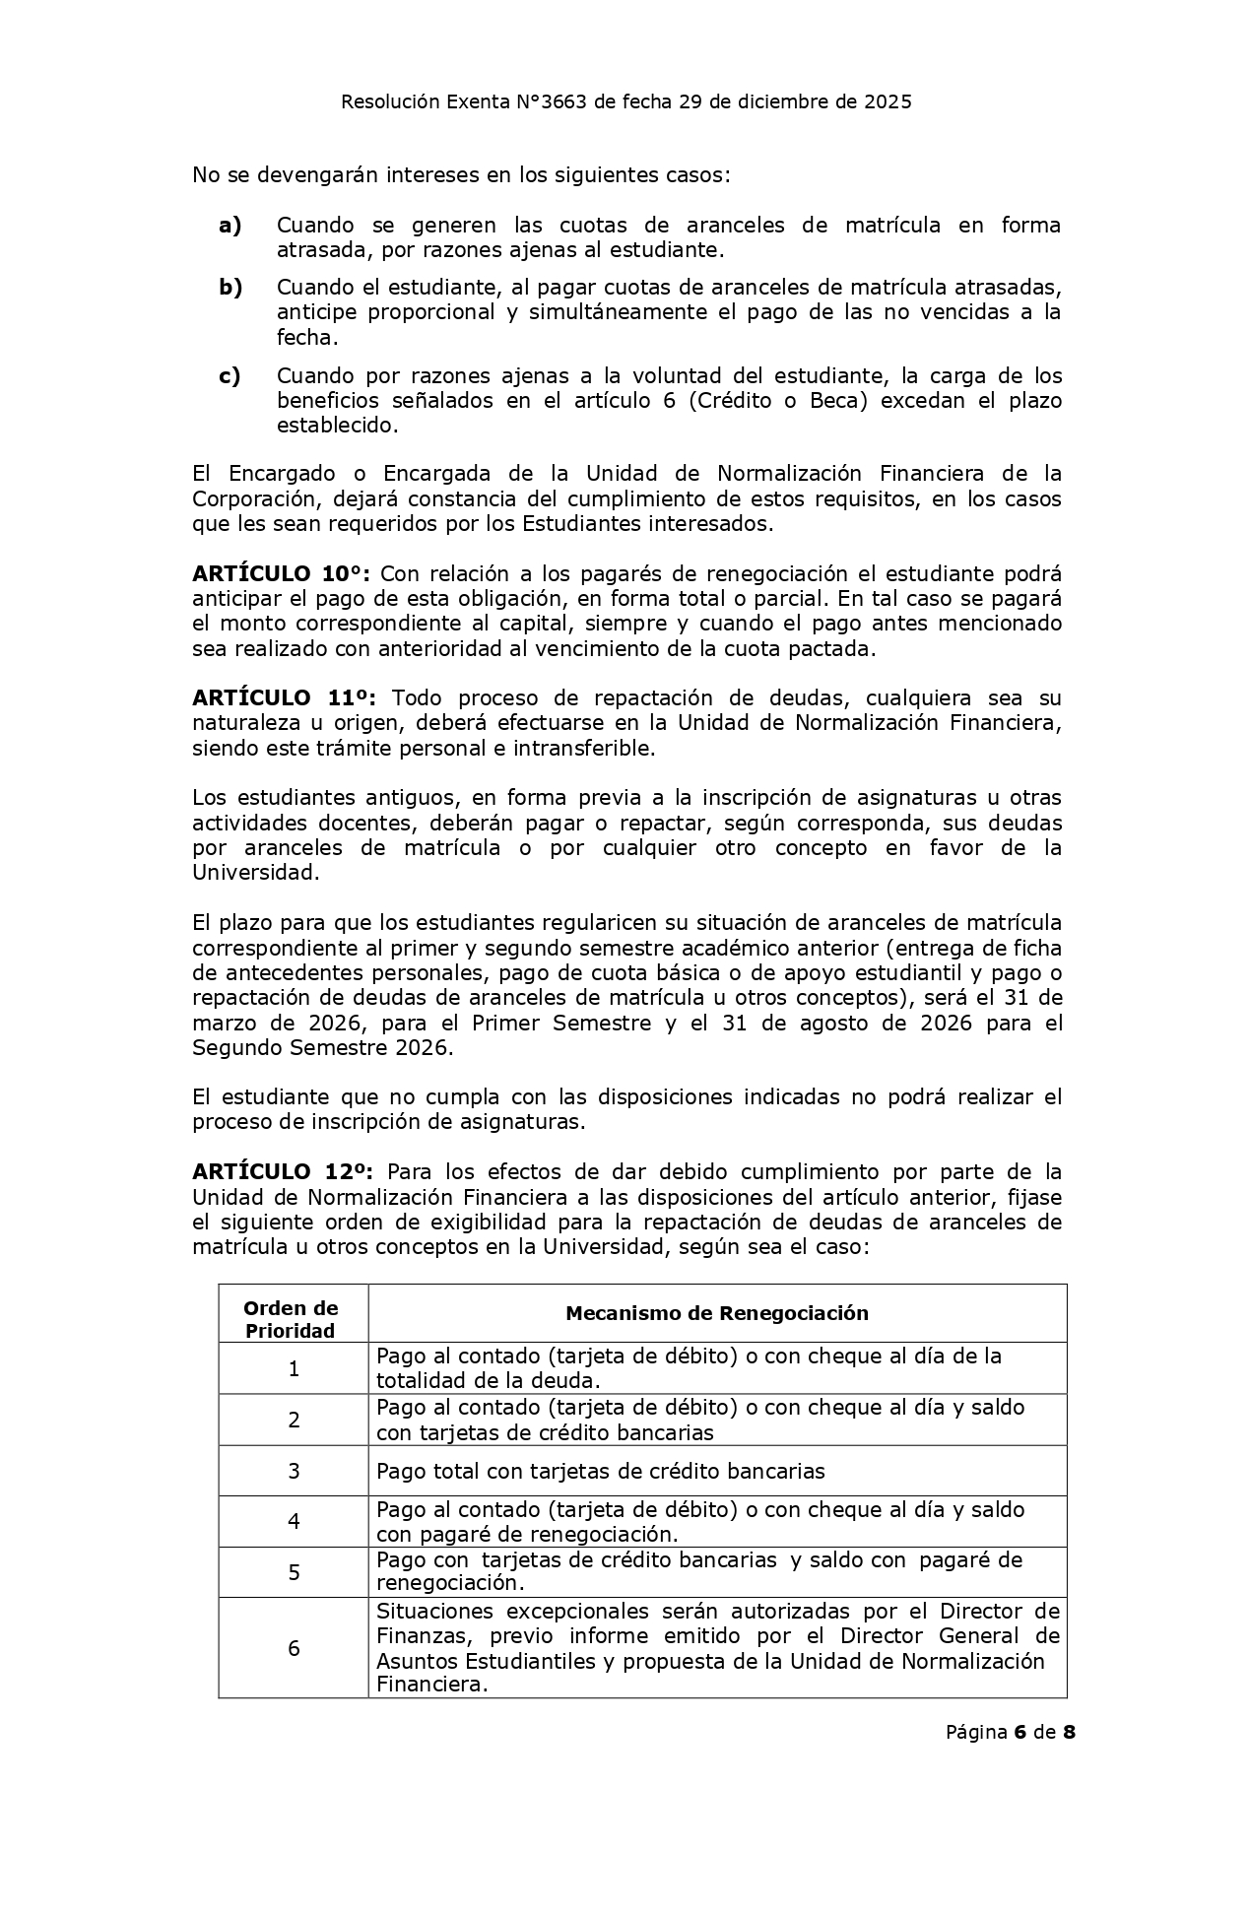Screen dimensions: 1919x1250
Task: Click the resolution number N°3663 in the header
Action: (x=553, y=101)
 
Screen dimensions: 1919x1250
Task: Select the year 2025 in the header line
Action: (x=888, y=101)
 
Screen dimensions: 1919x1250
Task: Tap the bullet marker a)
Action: (x=230, y=226)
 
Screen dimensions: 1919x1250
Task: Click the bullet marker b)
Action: (x=230, y=288)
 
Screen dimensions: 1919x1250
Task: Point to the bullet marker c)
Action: (x=230, y=376)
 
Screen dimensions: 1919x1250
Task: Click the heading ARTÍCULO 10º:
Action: (x=281, y=574)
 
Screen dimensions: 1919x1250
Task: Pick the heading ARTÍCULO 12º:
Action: (x=282, y=1172)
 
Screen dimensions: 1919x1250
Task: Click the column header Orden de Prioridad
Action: (x=292, y=1319)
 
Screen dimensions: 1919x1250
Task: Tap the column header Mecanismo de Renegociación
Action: (x=716, y=1313)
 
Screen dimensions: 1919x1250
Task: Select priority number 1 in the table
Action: (x=294, y=1368)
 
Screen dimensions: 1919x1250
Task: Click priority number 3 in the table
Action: (x=294, y=1471)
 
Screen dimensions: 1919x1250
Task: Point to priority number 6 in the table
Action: (x=294, y=1648)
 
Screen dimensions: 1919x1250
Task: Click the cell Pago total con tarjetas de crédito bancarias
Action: (x=600, y=1472)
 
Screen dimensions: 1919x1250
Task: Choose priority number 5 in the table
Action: (x=294, y=1572)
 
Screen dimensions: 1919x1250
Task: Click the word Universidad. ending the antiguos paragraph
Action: (x=255, y=873)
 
